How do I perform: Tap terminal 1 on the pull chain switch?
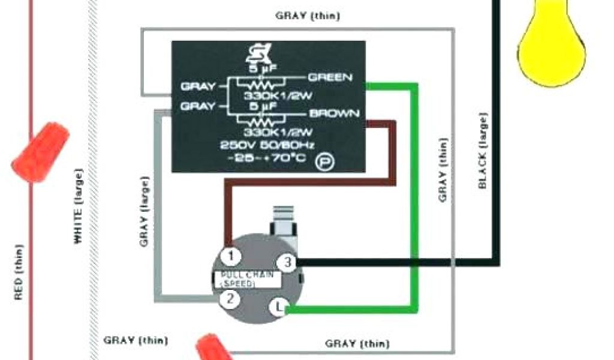coord(231,256)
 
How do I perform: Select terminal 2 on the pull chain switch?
coord(230,298)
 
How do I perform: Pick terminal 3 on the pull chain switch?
coord(288,262)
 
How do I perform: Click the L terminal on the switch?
coord(278,307)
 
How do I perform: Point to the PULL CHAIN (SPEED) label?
coord(247,278)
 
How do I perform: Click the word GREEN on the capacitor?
coord(330,77)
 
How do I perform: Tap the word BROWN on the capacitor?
coord(335,113)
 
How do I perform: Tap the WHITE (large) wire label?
coord(78,207)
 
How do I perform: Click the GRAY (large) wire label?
coord(144,212)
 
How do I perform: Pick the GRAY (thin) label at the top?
coord(308,16)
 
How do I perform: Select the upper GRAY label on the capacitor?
coord(198,86)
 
